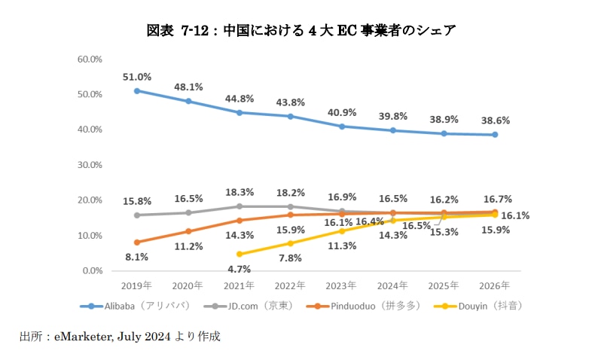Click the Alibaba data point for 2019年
pos(136,90)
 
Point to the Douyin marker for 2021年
pos(239,254)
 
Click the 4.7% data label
pos(239,268)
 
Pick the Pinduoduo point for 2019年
pos(136,242)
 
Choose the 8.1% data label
pos(136,256)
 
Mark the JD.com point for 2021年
pos(239,206)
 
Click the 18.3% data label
pos(239,192)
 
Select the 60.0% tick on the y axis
pos(90,59)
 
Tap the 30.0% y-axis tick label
pos(90,164)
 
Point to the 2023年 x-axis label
pos(341,286)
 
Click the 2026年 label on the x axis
pos(495,286)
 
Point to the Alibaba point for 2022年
pos(290,116)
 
